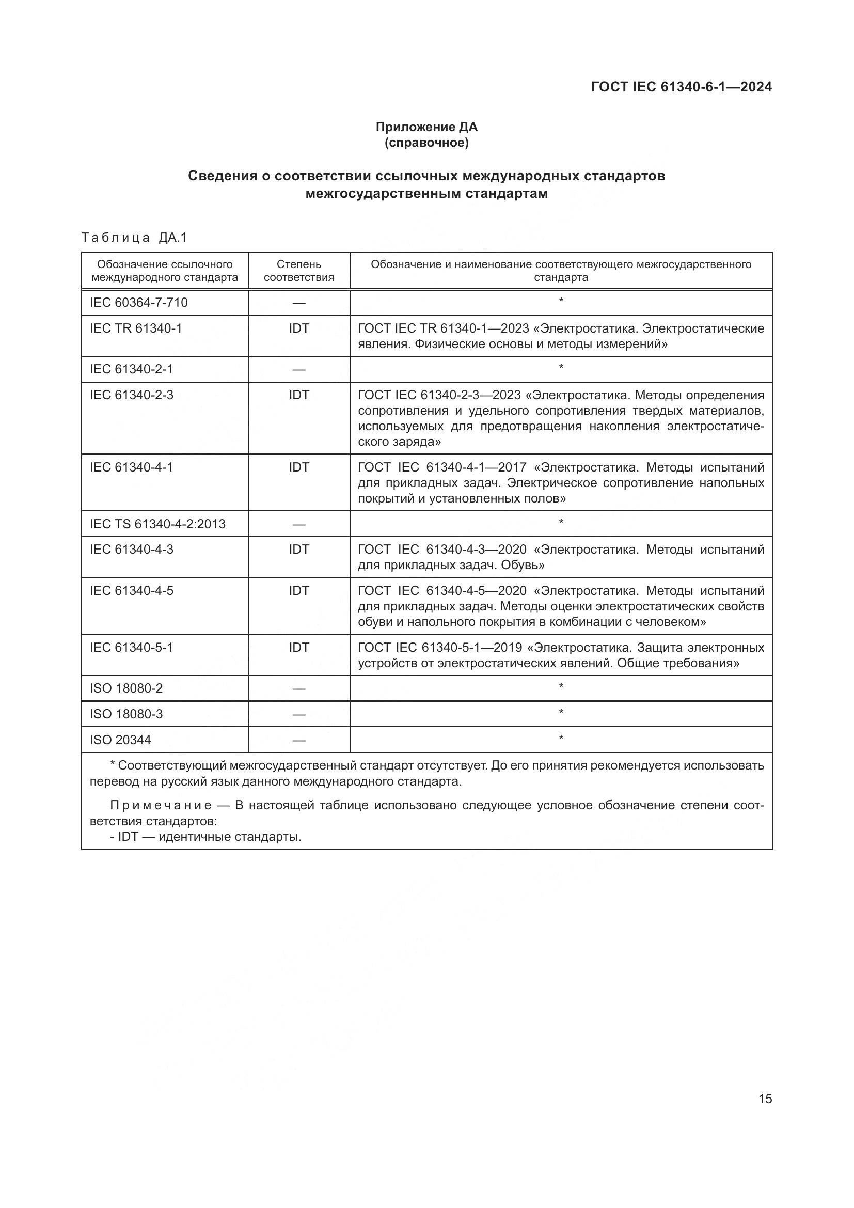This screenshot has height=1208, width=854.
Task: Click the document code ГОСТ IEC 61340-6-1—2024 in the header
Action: [681, 87]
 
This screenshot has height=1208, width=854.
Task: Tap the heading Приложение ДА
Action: [426, 127]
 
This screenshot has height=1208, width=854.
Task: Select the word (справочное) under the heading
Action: [426, 143]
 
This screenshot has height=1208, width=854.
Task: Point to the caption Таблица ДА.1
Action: [134, 238]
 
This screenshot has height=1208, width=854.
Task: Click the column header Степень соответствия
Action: [298, 271]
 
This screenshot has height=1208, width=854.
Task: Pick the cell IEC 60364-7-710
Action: [138, 303]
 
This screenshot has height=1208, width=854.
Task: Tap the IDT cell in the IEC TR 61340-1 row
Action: [298, 328]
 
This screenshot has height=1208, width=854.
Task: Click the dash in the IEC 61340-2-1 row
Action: [298, 370]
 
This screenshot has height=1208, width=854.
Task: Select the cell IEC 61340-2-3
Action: [132, 395]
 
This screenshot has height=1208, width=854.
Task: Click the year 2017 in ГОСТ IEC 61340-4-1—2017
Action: [512, 467]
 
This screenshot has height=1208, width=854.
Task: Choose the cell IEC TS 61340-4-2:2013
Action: [157, 524]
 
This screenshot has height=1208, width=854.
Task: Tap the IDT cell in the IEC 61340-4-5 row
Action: [298, 591]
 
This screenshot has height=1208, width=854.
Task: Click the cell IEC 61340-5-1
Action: [132, 647]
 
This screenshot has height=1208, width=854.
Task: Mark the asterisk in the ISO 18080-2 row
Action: [561, 686]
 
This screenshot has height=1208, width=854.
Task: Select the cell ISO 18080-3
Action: [126, 714]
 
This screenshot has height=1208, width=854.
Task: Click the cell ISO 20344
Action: [120, 740]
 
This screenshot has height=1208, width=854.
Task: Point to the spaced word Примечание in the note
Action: [161, 806]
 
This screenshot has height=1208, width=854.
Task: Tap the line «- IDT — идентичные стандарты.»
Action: [205, 837]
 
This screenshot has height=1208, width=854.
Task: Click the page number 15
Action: [765, 1099]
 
